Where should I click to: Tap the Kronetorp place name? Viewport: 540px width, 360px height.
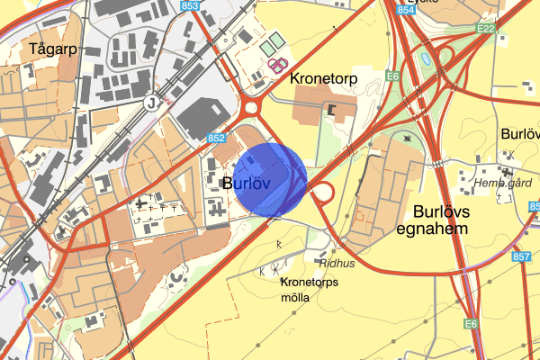324,79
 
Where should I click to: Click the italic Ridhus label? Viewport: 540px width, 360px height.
337,264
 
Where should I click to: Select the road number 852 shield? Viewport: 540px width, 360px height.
216,139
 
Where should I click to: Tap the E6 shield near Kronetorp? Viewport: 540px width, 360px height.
392,76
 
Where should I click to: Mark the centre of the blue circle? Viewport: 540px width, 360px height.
271,178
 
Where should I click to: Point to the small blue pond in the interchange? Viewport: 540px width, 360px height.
423,59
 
